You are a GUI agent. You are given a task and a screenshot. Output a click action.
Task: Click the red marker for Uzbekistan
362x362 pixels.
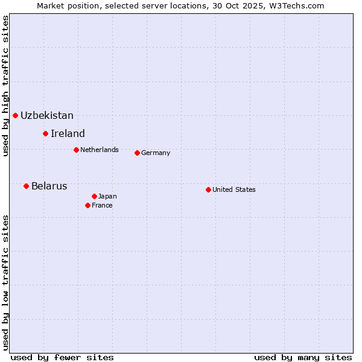click(x=15, y=115)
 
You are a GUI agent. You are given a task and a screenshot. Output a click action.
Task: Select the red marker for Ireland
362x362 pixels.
click(x=45, y=133)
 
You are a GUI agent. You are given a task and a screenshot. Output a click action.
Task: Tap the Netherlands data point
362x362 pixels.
click(x=76, y=150)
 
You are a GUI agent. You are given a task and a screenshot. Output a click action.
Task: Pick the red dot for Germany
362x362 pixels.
click(x=137, y=153)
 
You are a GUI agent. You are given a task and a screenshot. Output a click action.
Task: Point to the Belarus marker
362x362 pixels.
click(x=26, y=186)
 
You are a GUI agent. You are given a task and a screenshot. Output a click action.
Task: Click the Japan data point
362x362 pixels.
click(x=94, y=196)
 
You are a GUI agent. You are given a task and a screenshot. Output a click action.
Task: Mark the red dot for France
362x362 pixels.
click(x=87, y=205)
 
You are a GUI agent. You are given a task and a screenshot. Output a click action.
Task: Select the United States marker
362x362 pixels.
click(x=208, y=189)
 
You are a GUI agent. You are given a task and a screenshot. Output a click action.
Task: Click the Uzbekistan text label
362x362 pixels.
click(x=47, y=115)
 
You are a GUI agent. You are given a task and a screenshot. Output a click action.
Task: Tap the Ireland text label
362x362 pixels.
click(x=68, y=133)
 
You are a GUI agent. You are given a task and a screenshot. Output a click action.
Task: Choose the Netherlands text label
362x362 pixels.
click(x=100, y=150)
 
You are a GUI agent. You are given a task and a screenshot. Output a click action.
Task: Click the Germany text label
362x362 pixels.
click(x=156, y=153)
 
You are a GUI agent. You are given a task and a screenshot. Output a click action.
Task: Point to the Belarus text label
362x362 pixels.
click(x=49, y=186)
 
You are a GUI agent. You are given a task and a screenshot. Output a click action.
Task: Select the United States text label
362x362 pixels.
click(x=234, y=189)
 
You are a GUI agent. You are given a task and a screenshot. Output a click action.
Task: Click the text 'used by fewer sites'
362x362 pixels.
click(x=62, y=357)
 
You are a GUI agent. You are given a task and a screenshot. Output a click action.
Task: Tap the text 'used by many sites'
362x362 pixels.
click(x=303, y=357)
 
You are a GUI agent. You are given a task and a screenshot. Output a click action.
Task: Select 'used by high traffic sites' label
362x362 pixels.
click(x=5, y=86)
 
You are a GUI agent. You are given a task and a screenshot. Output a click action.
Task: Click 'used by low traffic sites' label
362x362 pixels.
click(x=5, y=282)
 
